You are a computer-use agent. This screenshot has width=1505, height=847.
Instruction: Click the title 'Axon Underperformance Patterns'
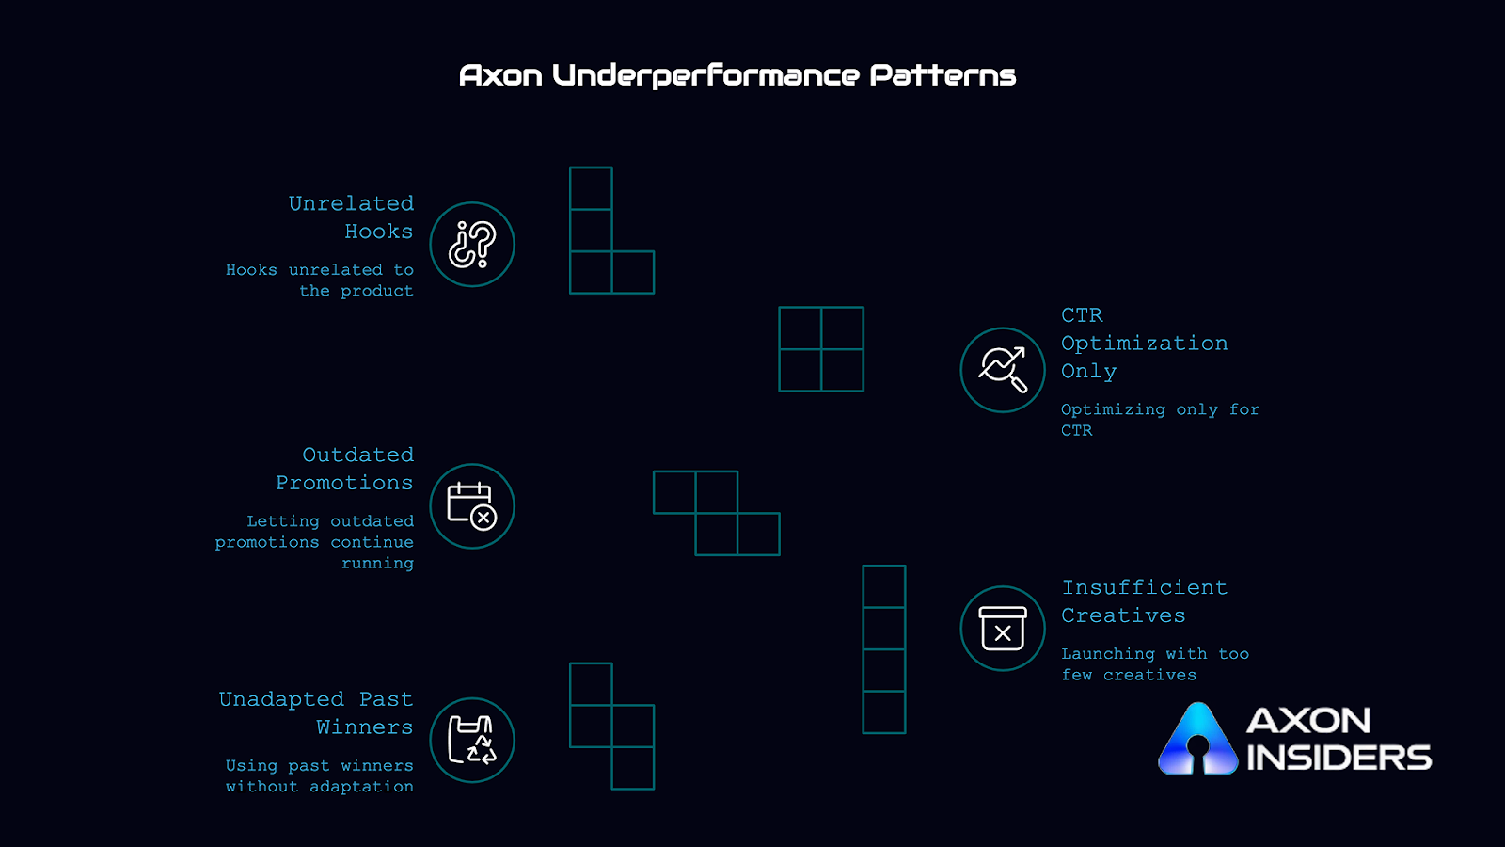coord(737,75)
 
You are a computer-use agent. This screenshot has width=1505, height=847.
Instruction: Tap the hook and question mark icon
coord(472,245)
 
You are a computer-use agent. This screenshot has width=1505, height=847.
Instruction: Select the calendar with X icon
coord(472,506)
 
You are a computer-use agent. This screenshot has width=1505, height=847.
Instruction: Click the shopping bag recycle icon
coord(472,740)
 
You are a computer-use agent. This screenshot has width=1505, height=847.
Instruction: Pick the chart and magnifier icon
coord(1003,370)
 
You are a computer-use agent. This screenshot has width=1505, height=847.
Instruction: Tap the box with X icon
coord(1003,629)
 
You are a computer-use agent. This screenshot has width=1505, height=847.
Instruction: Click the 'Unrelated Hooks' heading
coord(352,217)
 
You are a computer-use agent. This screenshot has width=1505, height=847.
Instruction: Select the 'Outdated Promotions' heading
coord(345,469)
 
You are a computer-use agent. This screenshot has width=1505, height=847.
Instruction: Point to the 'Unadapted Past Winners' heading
coord(317,713)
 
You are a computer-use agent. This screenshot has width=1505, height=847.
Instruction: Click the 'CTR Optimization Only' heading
coord(1144,344)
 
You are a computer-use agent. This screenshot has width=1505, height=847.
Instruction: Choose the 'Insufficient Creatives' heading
coord(1144,601)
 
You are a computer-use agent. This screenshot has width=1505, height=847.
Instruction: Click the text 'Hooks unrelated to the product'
coord(321,280)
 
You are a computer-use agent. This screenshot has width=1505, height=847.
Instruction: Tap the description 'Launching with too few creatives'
coord(1155,664)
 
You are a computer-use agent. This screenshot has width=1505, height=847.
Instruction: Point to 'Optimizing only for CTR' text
coord(1159,420)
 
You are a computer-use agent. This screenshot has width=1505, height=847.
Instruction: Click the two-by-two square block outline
coord(821,349)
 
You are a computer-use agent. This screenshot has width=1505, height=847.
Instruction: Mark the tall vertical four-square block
coord(884,649)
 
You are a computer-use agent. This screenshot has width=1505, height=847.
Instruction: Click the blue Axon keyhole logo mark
coord(1197,742)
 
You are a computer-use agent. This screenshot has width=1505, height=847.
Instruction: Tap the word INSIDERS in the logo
coord(1339,758)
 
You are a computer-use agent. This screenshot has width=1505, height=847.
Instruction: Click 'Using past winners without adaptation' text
coord(320,776)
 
